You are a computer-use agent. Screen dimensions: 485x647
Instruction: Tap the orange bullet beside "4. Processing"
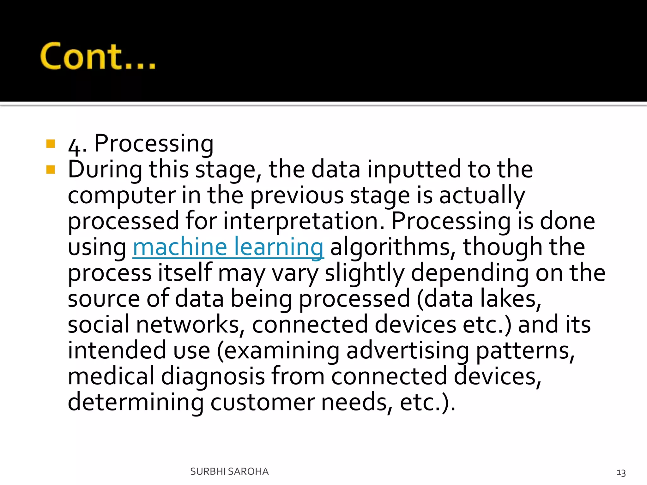pyautogui.click(x=51, y=144)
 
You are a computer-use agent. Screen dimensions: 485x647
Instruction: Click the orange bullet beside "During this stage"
pyautogui.click(x=51, y=170)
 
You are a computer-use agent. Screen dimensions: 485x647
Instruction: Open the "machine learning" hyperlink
pyautogui.click(x=228, y=247)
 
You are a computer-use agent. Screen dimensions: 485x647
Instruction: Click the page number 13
pyautogui.click(x=621, y=473)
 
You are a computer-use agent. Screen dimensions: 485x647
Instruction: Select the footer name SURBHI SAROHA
pyautogui.click(x=229, y=471)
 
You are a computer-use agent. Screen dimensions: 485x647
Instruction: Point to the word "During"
pyautogui.click(x=105, y=170)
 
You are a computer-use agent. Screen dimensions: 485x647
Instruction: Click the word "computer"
pyautogui.click(x=122, y=196)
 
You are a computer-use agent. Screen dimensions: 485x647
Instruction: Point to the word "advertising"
pyautogui.click(x=408, y=350)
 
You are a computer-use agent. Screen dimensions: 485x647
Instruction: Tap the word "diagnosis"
pyautogui.click(x=213, y=376)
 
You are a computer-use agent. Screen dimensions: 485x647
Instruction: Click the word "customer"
pyautogui.click(x=263, y=402)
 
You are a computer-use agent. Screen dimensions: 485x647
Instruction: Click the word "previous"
pyautogui.click(x=297, y=196)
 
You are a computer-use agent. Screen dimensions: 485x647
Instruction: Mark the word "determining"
pyautogui.click(x=136, y=402)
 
